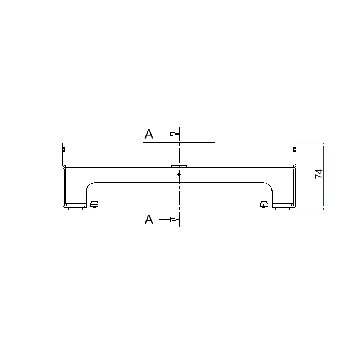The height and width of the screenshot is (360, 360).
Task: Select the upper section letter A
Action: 149,134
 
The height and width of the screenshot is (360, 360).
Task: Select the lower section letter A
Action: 149,220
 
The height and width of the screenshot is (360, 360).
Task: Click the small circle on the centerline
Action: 179,175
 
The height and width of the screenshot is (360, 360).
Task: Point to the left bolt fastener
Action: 94,204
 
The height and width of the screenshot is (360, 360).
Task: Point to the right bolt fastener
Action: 264,204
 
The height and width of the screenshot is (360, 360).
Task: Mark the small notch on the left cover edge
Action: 63,149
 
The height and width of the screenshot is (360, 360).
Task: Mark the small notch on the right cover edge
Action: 295,149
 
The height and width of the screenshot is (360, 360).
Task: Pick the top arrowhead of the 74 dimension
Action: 323,145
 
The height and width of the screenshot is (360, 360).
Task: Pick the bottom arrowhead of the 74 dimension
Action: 323,207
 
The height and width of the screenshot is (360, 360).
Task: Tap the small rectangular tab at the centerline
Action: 179,166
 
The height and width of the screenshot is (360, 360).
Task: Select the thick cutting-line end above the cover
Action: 179,133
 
